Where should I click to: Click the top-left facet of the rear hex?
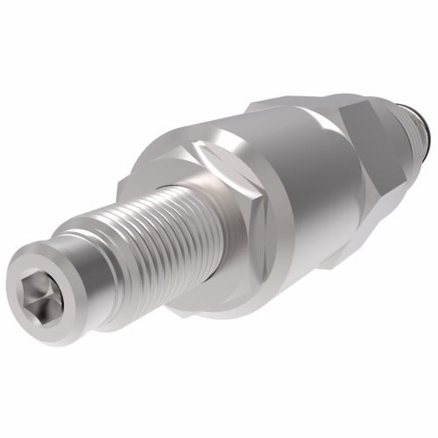[289, 105]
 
